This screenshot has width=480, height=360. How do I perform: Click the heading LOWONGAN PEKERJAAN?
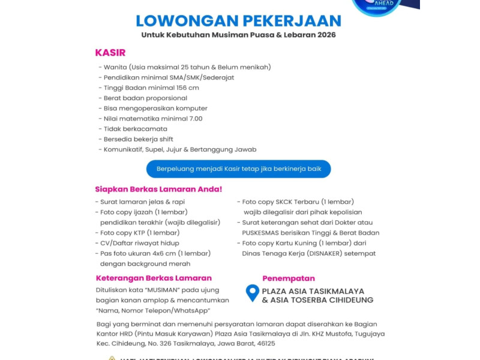238,21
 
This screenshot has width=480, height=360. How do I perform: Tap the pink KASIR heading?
110,53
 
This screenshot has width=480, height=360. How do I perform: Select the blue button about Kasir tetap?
239,169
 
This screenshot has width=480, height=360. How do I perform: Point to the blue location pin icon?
253,293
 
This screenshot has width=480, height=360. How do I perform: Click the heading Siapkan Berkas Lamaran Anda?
158,189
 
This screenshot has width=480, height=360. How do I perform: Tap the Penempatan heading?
289,278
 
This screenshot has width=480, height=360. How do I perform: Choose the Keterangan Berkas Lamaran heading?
154,278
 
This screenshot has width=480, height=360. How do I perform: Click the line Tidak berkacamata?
135,128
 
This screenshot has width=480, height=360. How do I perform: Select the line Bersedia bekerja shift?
138,139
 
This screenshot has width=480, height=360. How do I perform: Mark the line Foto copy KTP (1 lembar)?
140,233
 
